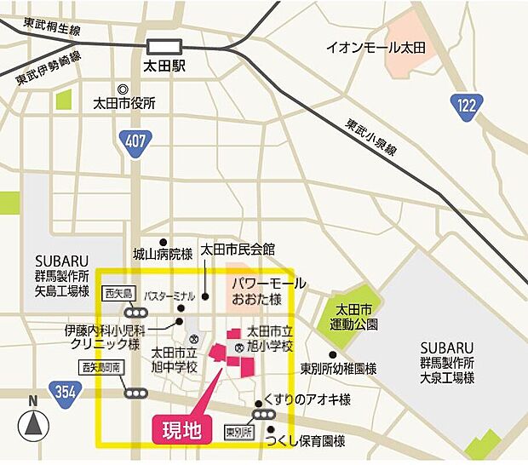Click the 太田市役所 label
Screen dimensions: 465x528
pyautogui.click(x=124, y=105)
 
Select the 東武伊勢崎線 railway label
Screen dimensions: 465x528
pyautogui.click(x=48, y=68)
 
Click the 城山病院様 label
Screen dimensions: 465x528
pyautogui.click(x=163, y=253)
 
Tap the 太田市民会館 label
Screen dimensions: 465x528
pyautogui.click(x=238, y=250)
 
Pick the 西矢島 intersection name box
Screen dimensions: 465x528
pyautogui.click(x=119, y=294)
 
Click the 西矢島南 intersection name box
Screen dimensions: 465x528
pyautogui.click(x=101, y=367)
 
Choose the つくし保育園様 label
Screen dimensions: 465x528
pyautogui.click(x=304, y=441)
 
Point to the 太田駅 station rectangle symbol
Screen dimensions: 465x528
pyautogui.click(x=164, y=46)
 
